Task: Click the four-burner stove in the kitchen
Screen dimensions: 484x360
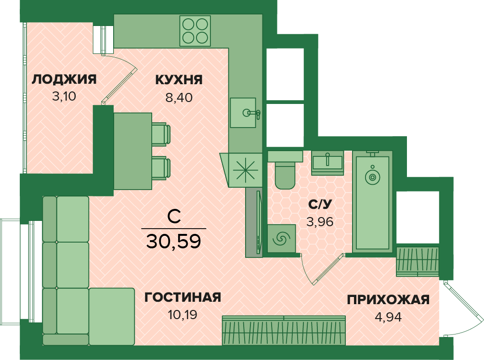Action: (x=195, y=31)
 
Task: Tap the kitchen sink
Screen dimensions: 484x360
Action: (x=243, y=113)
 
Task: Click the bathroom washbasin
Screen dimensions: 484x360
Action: (x=327, y=163)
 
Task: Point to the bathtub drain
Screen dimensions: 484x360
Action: (x=372, y=177)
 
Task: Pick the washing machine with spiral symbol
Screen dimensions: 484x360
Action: (x=281, y=238)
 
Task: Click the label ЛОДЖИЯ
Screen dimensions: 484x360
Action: (x=64, y=79)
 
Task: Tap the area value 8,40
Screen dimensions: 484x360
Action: (x=179, y=98)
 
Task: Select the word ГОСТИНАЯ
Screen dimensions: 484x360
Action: (x=183, y=297)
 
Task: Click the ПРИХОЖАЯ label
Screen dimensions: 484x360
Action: (x=388, y=299)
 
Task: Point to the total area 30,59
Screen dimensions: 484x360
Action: (x=173, y=241)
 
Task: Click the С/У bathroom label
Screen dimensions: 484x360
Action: (x=320, y=204)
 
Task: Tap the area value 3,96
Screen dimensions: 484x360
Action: (x=320, y=221)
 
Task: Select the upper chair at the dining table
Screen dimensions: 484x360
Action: (x=161, y=134)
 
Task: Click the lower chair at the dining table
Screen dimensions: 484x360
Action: (x=161, y=168)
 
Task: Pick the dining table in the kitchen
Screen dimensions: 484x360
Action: (x=133, y=151)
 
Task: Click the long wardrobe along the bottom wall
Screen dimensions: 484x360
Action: (x=284, y=330)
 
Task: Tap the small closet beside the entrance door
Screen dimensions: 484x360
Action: (x=418, y=262)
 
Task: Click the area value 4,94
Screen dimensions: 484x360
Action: (x=388, y=317)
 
